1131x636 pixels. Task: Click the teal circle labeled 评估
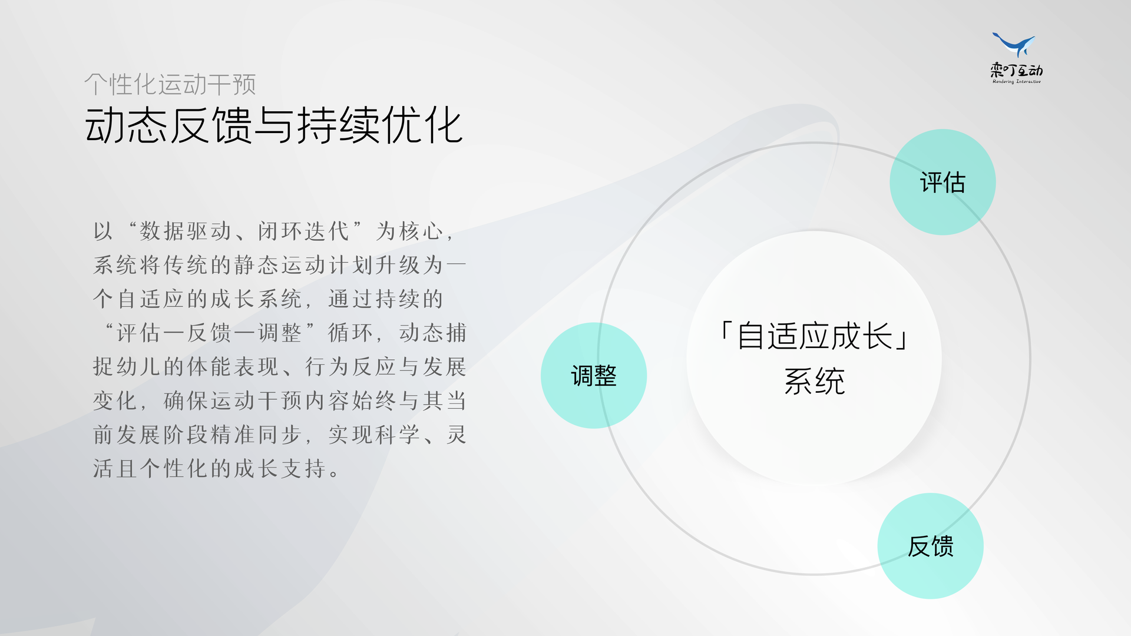pyautogui.click(x=943, y=182)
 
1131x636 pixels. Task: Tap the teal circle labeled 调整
pyautogui.click(x=594, y=375)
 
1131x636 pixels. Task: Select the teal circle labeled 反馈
pyautogui.click(x=931, y=546)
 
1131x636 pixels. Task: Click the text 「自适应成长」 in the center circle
pyautogui.click(x=815, y=336)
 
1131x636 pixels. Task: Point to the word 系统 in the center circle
pyautogui.click(x=815, y=382)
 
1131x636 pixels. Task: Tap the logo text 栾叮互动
pyautogui.click(x=1017, y=71)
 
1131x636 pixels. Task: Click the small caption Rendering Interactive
pyautogui.click(x=1017, y=82)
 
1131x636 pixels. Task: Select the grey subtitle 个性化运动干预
pyautogui.click(x=170, y=84)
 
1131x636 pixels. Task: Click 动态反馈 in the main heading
pyautogui.click(x=168, y=125)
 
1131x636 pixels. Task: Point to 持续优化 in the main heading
pyautogui.click(x=380, y=125)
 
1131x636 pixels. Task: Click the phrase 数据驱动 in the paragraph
pyautogui.click(x=186, y=231)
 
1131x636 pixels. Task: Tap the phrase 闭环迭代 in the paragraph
pyautogui.click(x=303, y=231)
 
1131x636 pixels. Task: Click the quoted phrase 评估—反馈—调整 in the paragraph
pyautogui.click(x=209, y=333)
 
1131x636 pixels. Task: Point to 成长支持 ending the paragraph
pyautogui.click(x=280, y=469)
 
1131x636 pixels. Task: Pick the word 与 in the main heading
pyautogui.click(x=275, y=125)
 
